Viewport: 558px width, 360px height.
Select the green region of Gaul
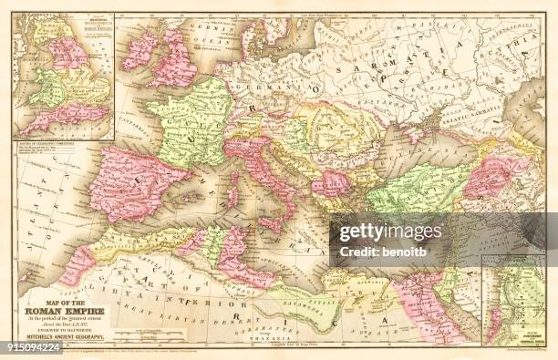pyautogui.click(x=191, y=118)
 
